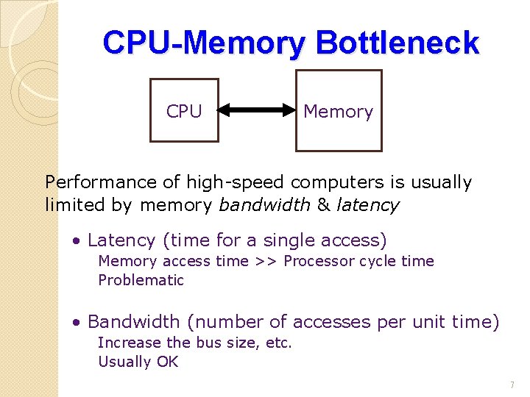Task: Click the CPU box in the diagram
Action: point(184,110)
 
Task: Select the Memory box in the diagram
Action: point(339,111)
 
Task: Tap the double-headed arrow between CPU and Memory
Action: point(256,111)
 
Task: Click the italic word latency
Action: point(367,205)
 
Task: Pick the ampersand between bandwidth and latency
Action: point(323,205)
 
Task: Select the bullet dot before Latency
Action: point(76,241)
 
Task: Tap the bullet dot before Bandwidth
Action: point(76,323)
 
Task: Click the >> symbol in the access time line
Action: point(266,261)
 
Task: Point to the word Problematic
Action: point(141,280)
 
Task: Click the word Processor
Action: point(316,261)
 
